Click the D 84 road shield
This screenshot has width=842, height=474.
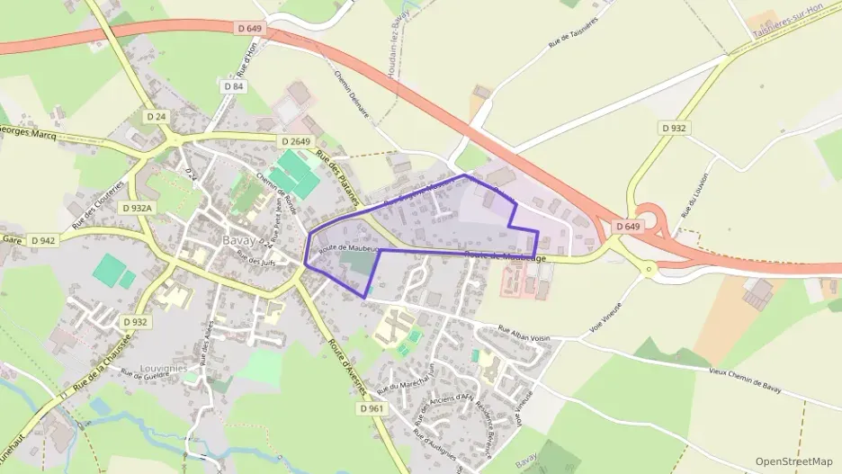point(232,86)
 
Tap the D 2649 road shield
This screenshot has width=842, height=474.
point(295,141)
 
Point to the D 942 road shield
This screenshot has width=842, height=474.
point(43,240)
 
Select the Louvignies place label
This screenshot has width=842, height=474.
point(163,368)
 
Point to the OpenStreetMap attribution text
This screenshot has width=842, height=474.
point(794,461)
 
